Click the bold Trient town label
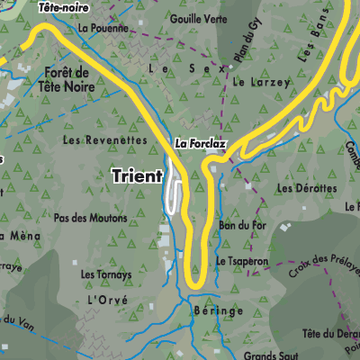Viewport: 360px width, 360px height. coord(137,176)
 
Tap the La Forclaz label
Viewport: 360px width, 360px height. coord(199,143)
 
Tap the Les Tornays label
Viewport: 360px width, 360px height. coord(106,274)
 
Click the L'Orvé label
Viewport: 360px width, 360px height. coord(108,299)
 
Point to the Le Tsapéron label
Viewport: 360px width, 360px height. coord(241,261)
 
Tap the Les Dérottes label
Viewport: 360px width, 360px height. coord(307,189)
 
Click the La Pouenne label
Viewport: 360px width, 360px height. coord(103,28)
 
